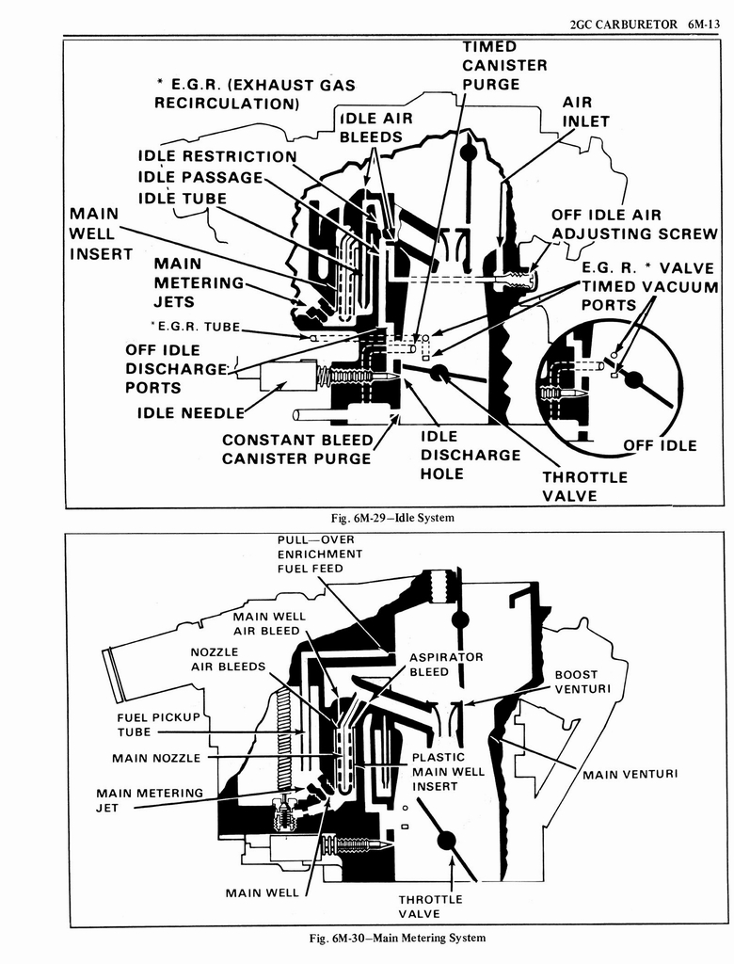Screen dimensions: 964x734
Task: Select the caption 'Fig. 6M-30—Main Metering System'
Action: click(x=396, y=938)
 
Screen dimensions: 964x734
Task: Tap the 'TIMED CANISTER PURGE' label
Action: click(x=503, y=65)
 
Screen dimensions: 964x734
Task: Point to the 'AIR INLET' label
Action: click(x=585, y=111)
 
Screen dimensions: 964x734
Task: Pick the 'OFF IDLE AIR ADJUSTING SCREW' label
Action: click(x=633, y=224)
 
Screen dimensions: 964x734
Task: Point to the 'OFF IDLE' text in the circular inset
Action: click(x=660, y=445)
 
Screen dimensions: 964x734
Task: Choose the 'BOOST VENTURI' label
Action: click(x=582, y=682)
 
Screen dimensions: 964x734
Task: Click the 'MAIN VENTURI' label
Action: click(x=630, y=774)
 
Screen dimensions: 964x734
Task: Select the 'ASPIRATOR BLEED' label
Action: click(x=446, y=664)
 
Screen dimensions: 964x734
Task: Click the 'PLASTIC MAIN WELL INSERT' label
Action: click(x=448, y=771)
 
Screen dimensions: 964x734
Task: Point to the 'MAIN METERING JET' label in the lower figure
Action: click(x=149, y=800)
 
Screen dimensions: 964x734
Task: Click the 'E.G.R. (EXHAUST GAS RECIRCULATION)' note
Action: click(x=254, y=93)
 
